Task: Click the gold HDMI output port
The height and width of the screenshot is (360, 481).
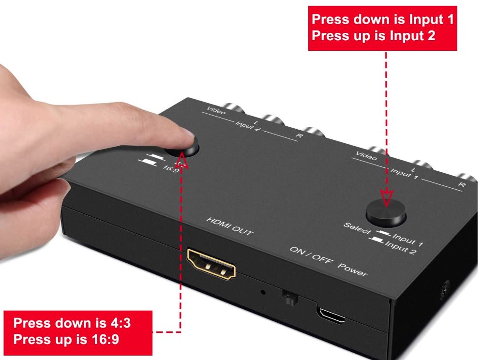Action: [211, 264]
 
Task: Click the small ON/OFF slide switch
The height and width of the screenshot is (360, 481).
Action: [289, 298]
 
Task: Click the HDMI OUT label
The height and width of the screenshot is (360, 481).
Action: [230, 226]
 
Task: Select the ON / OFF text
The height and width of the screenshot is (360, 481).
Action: [311, 255]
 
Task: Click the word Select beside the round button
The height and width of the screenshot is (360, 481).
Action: [357, 228]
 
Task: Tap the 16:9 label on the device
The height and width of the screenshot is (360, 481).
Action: [171, 168]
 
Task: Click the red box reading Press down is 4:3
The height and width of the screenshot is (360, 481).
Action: [78, 333]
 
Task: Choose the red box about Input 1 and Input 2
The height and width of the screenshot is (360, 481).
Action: [383, 28]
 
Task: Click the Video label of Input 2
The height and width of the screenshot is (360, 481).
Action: [216, 111]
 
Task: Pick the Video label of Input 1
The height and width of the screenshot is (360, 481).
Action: [366, 156]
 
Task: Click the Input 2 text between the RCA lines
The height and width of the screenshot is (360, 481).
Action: [248, 126]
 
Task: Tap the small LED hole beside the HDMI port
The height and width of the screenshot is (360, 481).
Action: [263, 292]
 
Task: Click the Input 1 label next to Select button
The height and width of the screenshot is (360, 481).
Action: [407, 240]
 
